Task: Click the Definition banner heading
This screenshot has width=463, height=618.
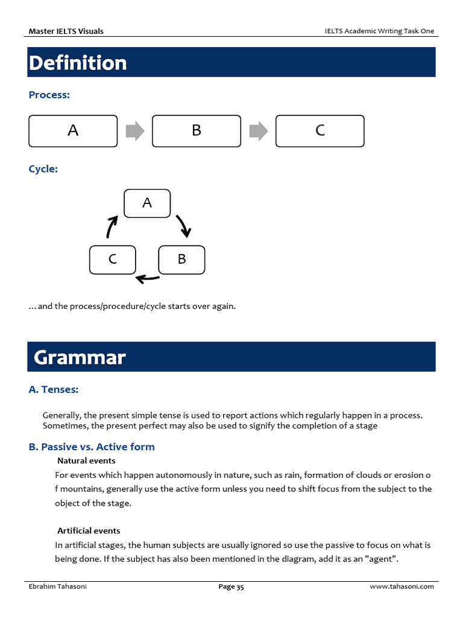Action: tap(78, 63)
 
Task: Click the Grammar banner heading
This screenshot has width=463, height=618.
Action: tap(80, 357)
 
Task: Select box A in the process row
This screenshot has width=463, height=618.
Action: tap(73, 130)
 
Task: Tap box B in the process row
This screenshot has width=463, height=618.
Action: tap(197, 130)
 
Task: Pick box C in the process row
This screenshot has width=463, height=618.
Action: tap(320, 130)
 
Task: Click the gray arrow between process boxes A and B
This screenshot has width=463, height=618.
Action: tap(134, 131)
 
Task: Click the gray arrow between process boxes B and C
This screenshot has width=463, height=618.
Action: tap(258, 131)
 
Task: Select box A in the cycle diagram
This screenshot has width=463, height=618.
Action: tap(147, 203)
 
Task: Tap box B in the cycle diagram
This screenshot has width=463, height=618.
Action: tap(181, 260)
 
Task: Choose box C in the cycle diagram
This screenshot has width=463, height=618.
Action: tap(112, 260)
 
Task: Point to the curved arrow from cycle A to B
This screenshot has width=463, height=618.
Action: tap(183, 225)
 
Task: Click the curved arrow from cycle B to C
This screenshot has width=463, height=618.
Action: tap(148, 278)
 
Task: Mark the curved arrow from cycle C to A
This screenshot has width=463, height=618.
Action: tap(112, 226)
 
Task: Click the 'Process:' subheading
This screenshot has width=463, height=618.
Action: tap(49, 95)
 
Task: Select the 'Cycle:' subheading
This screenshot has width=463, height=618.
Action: tap(43, 169)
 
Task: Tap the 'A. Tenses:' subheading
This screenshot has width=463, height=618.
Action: tap(54, 390)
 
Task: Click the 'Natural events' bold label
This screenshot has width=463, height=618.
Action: tap(86, 461)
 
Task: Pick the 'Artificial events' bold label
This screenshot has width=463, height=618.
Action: tap(89, 530)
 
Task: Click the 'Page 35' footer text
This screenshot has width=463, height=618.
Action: tap(231, 587)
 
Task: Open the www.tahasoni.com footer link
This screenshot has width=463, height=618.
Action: tap(402, 587)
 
